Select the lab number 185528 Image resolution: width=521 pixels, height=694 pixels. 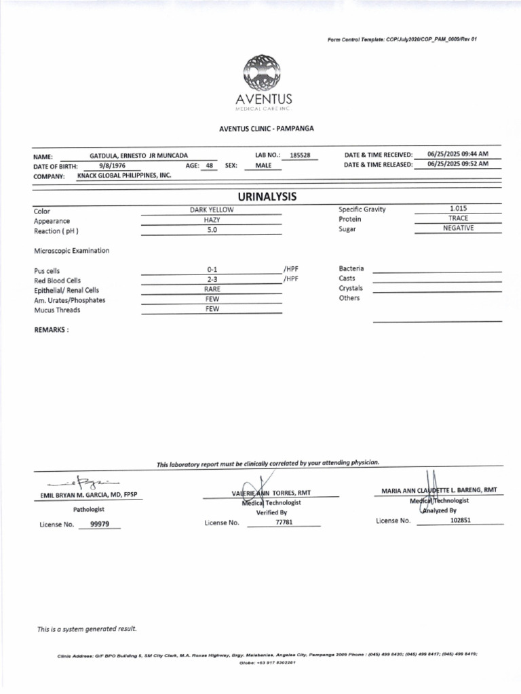[299, 155]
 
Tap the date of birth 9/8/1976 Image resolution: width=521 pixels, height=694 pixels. [112, 165]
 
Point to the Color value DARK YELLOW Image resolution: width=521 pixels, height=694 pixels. [212, 210]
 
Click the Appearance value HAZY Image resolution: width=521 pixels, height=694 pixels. [212, 220]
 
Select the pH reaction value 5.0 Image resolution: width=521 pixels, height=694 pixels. [212, 230]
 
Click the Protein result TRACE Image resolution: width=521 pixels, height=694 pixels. [458, 218]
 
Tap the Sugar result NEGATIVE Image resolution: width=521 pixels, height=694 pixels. [458, 228]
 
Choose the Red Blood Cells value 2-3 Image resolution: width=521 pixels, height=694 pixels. [212, 279]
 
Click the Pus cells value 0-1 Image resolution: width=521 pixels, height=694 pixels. [212, 270]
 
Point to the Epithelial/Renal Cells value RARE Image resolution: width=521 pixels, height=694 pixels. [212, 289]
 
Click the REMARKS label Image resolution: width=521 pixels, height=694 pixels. [51, 329]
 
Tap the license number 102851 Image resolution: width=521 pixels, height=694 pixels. [461, 520]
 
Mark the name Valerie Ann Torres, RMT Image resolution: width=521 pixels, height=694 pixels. [271, 493]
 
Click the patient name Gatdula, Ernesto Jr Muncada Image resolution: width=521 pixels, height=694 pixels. [138, 155]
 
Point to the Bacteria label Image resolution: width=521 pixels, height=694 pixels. [351, 268]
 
